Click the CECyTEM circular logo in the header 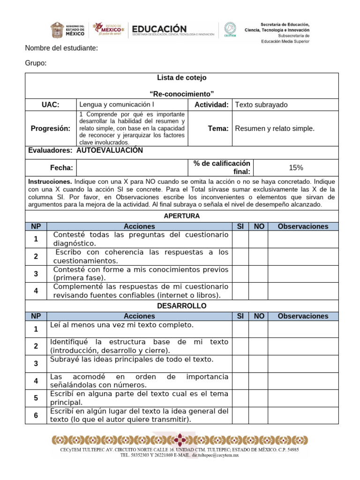point(230,29)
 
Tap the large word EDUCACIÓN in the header point(159,29)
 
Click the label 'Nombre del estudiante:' point(61,48)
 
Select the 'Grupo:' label point(36,64)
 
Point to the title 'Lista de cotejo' point(181,77)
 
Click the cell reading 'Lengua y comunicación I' point(117,105)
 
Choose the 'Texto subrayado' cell point(261,105)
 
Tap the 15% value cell point(296,167)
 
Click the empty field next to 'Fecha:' point(132,167)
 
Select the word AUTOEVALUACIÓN point(109,150)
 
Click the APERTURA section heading point(181,216)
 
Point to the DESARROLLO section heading point(181,306)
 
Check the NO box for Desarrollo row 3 point(258,364)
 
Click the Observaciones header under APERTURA point(303,226)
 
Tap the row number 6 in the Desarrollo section point(36,415)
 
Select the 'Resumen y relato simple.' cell point(275,128)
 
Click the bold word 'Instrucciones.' point(50,181)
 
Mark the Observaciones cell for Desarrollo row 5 point(303,398)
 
